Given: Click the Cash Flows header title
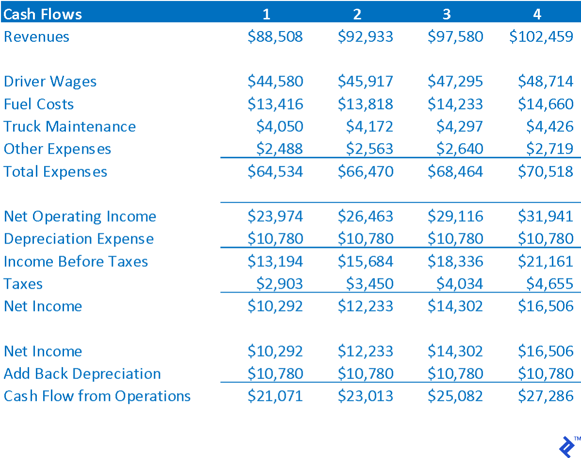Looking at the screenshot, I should coord(43,14).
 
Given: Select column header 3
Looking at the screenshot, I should coord(446,14).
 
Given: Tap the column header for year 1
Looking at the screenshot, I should coord(266,14).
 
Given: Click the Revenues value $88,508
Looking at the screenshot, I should coord(275,37).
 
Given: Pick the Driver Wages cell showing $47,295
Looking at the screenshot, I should coord(455,82).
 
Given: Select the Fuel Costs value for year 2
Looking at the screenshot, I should coord(365,104).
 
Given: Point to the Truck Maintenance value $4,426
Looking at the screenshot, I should coord(549,127).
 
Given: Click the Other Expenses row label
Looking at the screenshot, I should coord(57,149).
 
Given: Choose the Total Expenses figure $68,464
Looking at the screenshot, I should coord(455,172).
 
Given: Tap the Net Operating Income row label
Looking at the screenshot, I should coord(80,216).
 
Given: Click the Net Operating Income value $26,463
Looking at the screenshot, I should coord(365,216).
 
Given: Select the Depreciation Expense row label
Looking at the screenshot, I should coord(79,239).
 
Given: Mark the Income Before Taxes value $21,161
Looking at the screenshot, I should coord(546,262).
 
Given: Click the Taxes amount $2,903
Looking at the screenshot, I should coord(279,284).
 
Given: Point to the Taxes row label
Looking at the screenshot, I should coord(23,284).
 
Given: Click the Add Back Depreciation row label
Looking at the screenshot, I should coord(82,374).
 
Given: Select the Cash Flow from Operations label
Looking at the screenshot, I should coord(97,396).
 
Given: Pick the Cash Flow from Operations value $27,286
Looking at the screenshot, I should coord(546,396).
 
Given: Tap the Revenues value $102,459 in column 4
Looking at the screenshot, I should coord(541,37).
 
